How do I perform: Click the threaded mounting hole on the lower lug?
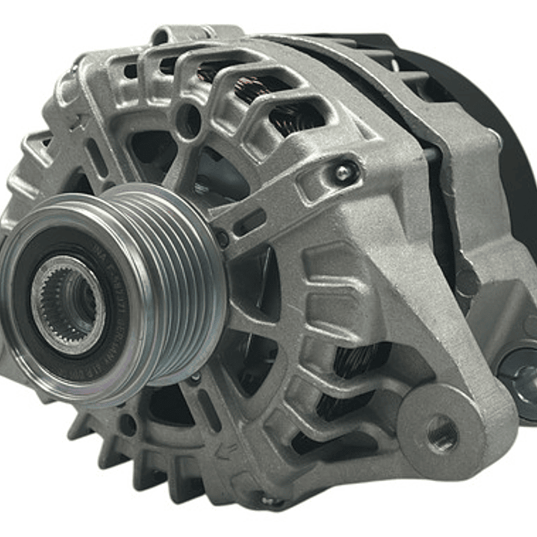(442, 431)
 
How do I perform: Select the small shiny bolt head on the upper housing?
(342, 173)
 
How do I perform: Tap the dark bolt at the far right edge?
(523, 373)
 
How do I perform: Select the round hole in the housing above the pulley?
(187, 119)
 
